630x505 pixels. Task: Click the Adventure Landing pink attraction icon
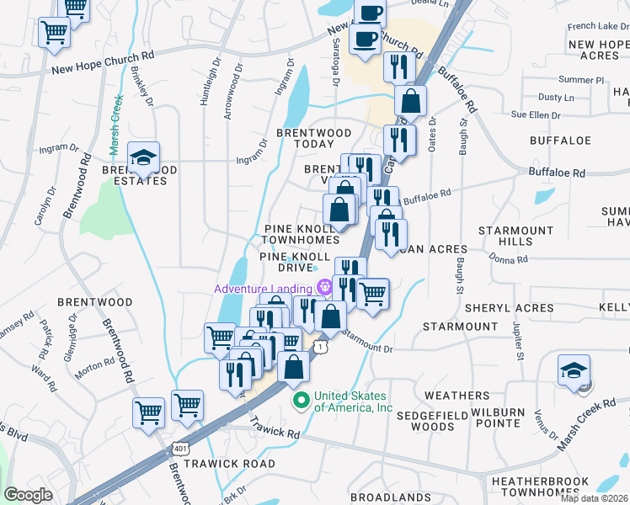[323, 289]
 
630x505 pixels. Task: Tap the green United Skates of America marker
[298, 398]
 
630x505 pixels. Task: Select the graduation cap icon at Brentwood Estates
[144, 157]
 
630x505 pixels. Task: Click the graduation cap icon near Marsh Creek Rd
[574, 369]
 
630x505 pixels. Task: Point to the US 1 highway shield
[321, 346]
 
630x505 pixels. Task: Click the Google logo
[29, 495]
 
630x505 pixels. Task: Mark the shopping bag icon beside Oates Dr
[410, 101]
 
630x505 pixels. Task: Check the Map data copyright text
[594, 498]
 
